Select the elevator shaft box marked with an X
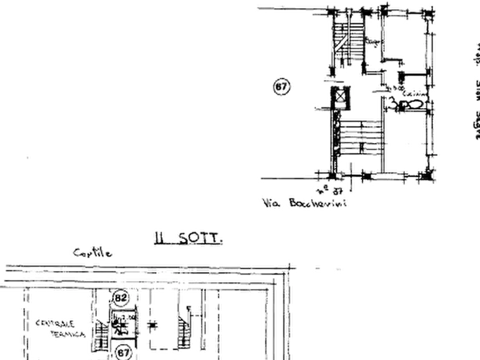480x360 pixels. (340, 96)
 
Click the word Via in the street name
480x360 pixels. (269, 203)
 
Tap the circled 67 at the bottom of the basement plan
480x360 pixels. (123, 352)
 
